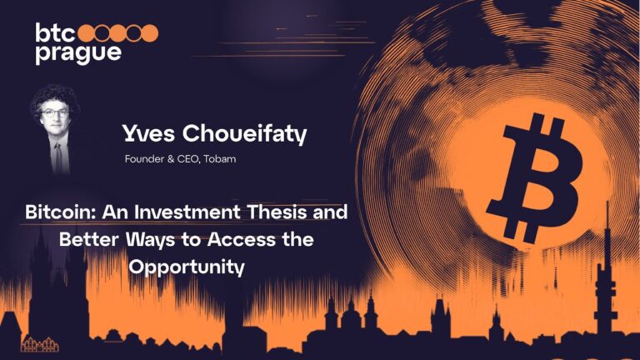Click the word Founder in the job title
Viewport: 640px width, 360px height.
[142, 158]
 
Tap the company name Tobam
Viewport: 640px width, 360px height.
[217, 158]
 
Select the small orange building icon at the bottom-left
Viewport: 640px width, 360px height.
[36, 344]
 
